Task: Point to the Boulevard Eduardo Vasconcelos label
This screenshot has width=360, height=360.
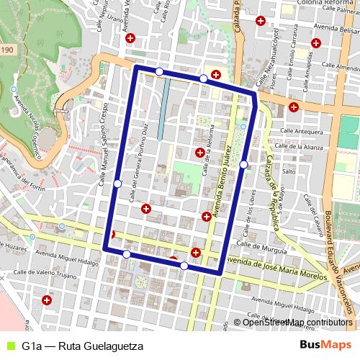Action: click(x=340, y=266)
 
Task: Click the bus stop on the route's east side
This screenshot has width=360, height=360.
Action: click(x=244, y=165)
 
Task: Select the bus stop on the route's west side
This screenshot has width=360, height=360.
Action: click(x=117, y=184)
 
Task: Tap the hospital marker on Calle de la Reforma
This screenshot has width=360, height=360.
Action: click(x=199, y=152)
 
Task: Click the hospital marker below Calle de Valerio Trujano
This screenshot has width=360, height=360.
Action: click(x=47, y=300)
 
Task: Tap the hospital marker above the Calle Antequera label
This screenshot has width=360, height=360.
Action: click(x=293, y=107)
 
